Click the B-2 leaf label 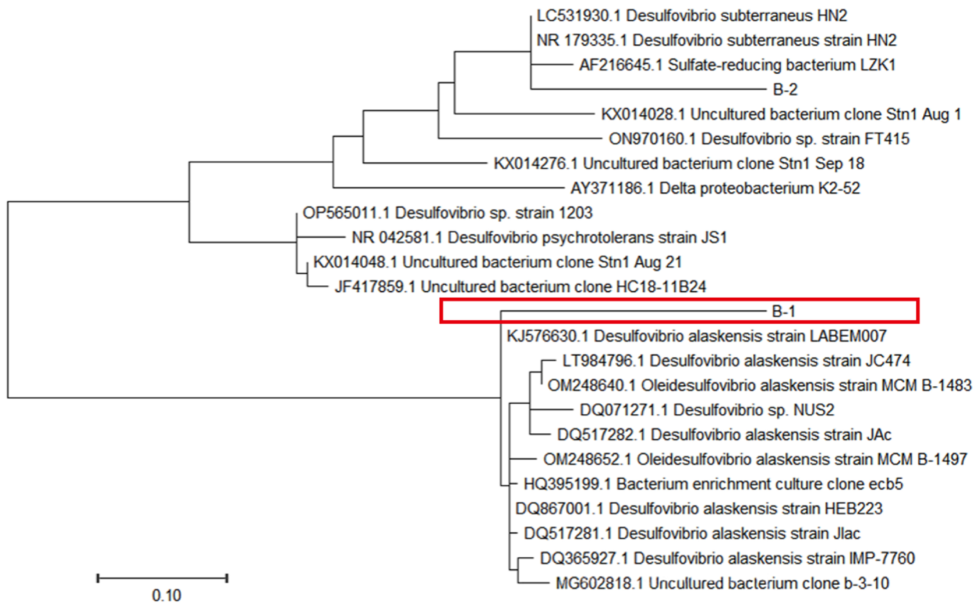pyautogui.click(x=785, y=89)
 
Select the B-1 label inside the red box pyautogui.click(x=783, y=312)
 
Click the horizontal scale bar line pyautogui.click(x=162, y=578)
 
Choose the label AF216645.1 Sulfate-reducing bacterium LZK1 pyautogui.click(x=737, y=65)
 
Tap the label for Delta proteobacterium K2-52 pyautogui.click(x=715, y=188)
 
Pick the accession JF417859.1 pyautogui.click(x=375, y=287)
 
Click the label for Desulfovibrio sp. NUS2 pyautogui.click(x=707, y=410)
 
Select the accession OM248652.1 pyautogui.click(x=587, y=459)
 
